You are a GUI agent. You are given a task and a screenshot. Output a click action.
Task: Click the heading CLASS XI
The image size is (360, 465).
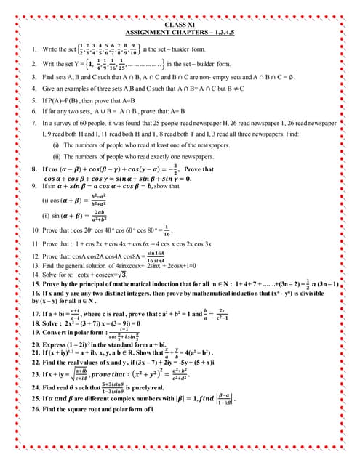[180, 25]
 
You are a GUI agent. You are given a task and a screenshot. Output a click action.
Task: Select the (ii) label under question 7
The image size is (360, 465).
[56, 158]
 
